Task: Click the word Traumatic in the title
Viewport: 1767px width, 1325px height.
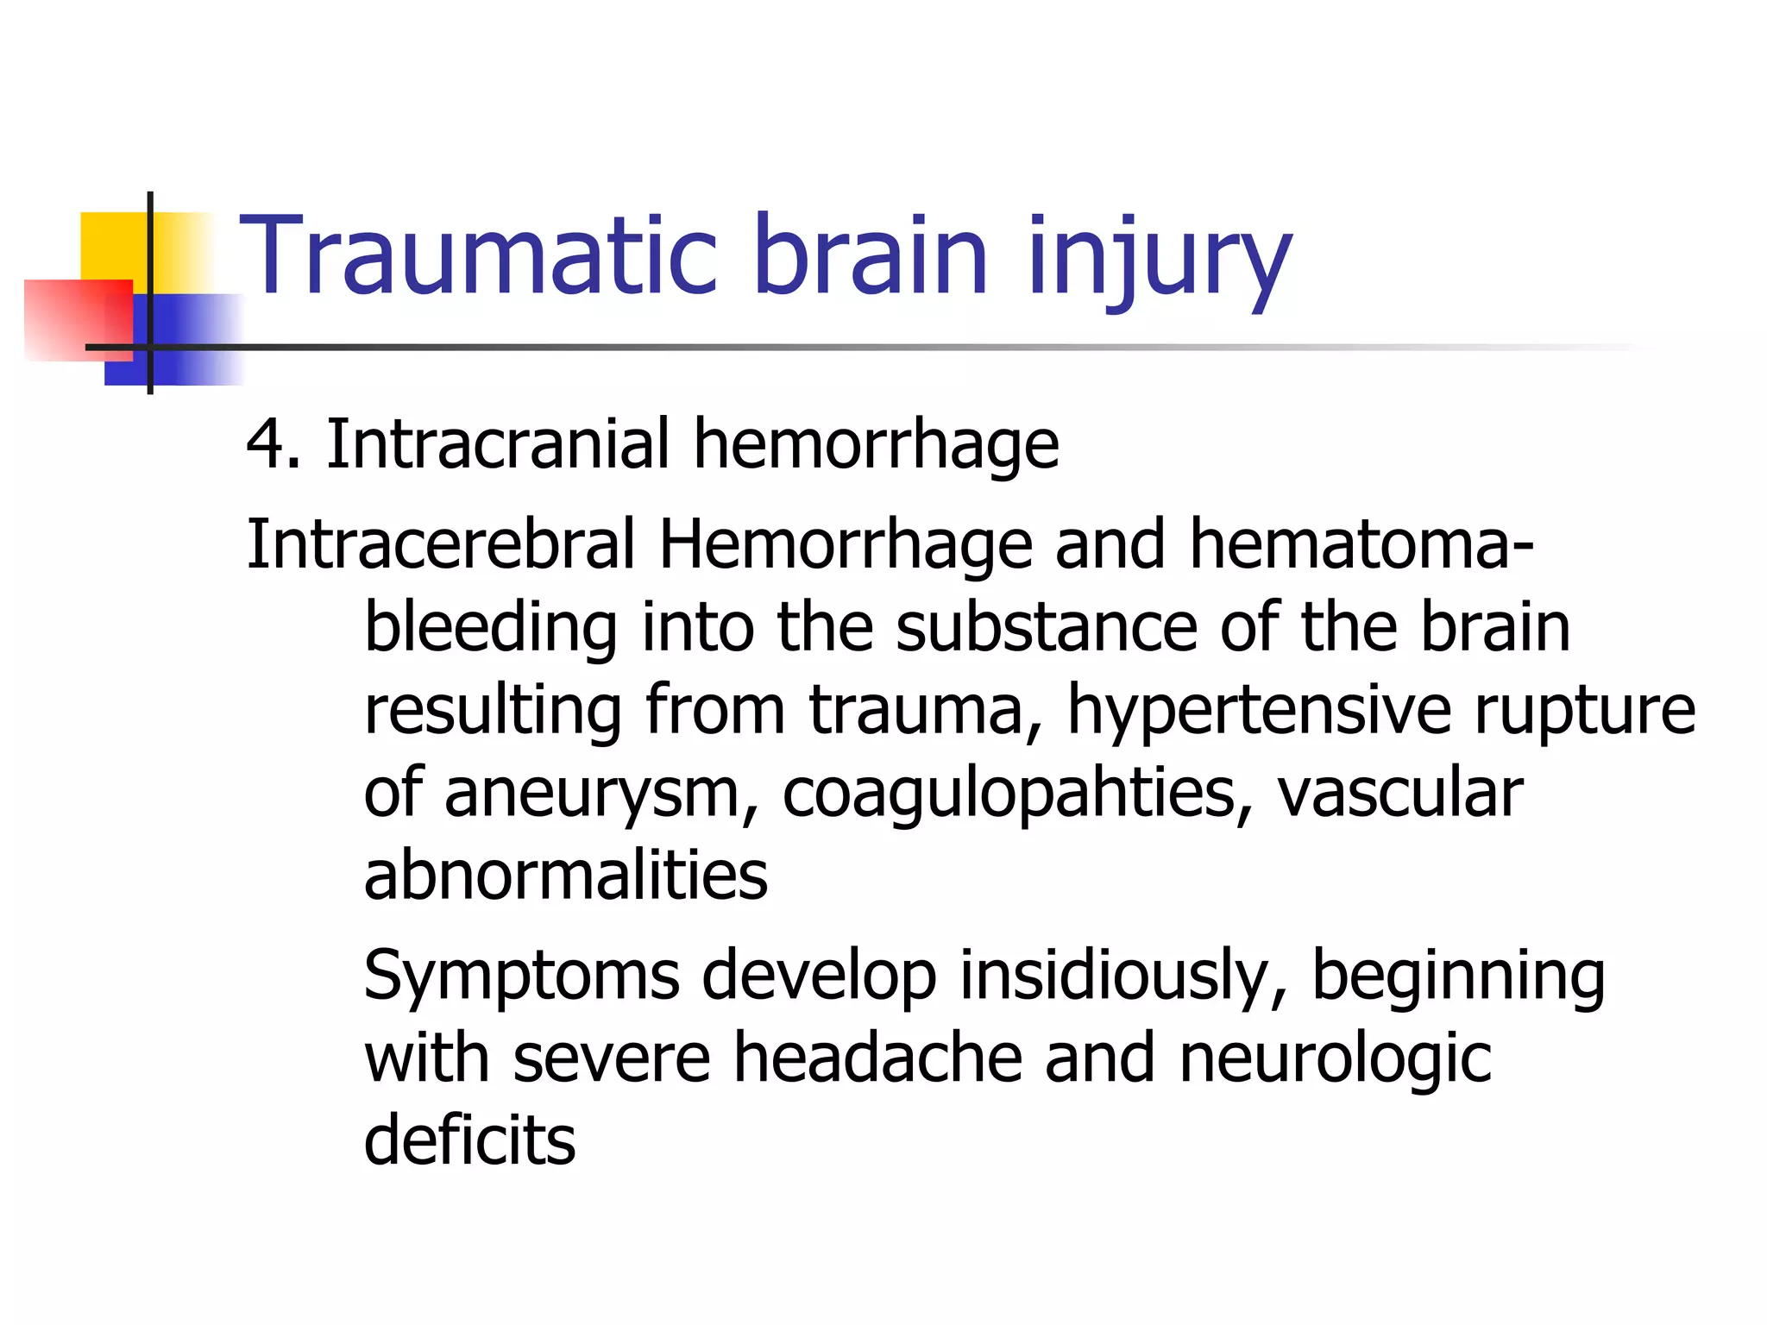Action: coord(477,256)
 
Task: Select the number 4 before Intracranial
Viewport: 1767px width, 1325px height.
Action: coord(263,444)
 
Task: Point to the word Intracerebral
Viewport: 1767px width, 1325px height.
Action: coord(440,544)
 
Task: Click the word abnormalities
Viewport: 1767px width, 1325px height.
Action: coord(565,876)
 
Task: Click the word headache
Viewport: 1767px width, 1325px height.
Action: coord(877,1058)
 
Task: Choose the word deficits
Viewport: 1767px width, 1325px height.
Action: coord(469,1140)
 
